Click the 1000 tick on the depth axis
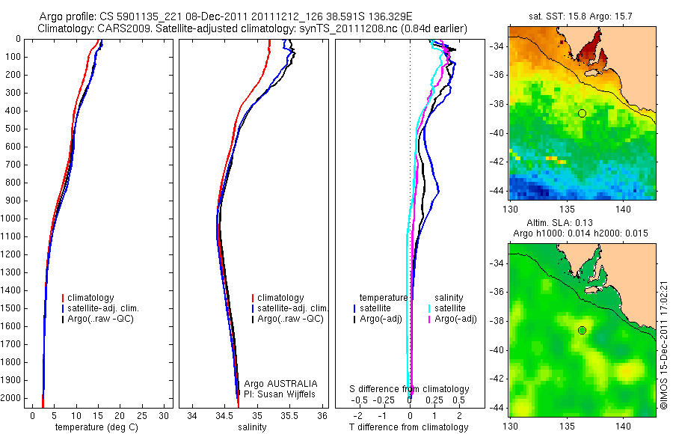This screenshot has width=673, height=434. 11,218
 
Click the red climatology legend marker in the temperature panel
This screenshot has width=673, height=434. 63,298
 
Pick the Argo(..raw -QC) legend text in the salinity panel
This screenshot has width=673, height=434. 290,319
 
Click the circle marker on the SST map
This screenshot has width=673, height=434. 582,113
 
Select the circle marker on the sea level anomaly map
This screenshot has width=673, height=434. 582,330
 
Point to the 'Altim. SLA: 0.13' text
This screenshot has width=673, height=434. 582,224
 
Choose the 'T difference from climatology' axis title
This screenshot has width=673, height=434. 409,427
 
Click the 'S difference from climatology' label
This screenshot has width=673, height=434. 410,389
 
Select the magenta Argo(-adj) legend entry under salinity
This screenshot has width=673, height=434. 454,319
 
